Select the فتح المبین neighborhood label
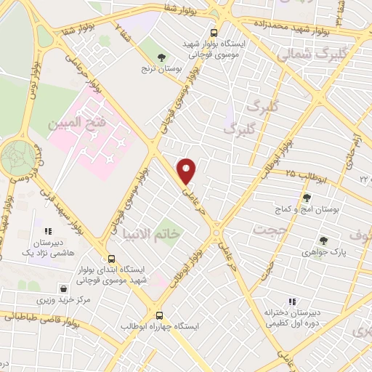(x=77, y=124)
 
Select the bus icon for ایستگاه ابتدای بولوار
(x=111, y=258)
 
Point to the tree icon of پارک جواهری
(x=323, y=240)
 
